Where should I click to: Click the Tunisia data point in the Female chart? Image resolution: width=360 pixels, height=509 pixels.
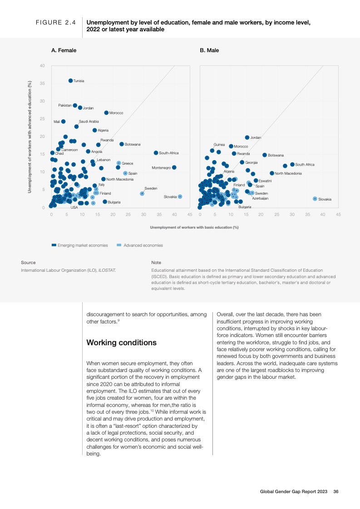(70, 81)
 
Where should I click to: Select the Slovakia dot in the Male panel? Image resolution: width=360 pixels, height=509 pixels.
(315, 199)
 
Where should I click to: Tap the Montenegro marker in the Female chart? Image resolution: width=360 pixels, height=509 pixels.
(174, 167)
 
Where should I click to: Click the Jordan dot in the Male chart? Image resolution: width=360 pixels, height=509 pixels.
(247, 137)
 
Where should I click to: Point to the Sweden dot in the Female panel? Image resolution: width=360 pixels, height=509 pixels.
(142, 193)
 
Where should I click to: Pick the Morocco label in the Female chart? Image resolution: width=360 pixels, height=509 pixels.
(116, 113)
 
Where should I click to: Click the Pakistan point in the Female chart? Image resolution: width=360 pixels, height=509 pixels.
(75, 105)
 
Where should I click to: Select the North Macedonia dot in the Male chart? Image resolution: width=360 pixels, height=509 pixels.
(272, 173)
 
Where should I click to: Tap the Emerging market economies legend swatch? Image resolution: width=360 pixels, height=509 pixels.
(54, 245)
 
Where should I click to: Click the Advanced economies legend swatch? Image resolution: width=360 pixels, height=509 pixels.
(119, 245)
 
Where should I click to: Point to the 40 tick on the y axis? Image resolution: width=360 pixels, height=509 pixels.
(42, 66)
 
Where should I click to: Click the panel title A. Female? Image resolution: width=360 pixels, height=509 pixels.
(64, 50)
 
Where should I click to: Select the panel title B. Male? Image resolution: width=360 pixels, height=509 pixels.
(209, 50)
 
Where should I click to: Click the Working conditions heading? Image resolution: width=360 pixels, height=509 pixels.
(121, 343)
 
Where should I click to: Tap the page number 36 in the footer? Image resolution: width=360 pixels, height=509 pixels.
(336, 491)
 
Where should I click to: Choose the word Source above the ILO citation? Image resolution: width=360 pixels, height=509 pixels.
(28, 262)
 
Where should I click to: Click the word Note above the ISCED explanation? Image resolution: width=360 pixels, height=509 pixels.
(156, 262)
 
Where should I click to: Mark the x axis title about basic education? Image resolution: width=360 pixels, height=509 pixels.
(194, 227)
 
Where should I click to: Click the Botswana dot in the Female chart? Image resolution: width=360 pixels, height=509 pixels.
(122, 144)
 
